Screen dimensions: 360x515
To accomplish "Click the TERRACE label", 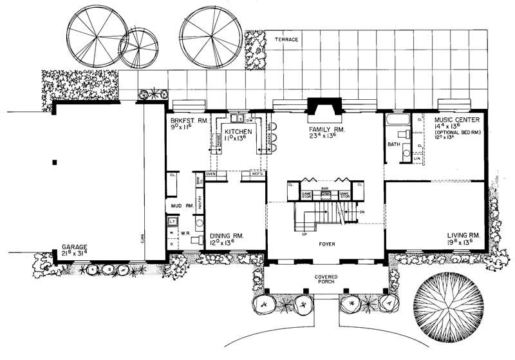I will (286, 39).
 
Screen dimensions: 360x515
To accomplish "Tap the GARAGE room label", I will (75, 247).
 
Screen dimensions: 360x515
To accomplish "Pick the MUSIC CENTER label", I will (450, 120).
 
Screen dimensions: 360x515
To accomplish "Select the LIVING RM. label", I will (463, 236).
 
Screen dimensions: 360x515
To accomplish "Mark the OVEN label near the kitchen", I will (211, 174).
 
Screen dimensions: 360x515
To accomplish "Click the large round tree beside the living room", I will (449, 307).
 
